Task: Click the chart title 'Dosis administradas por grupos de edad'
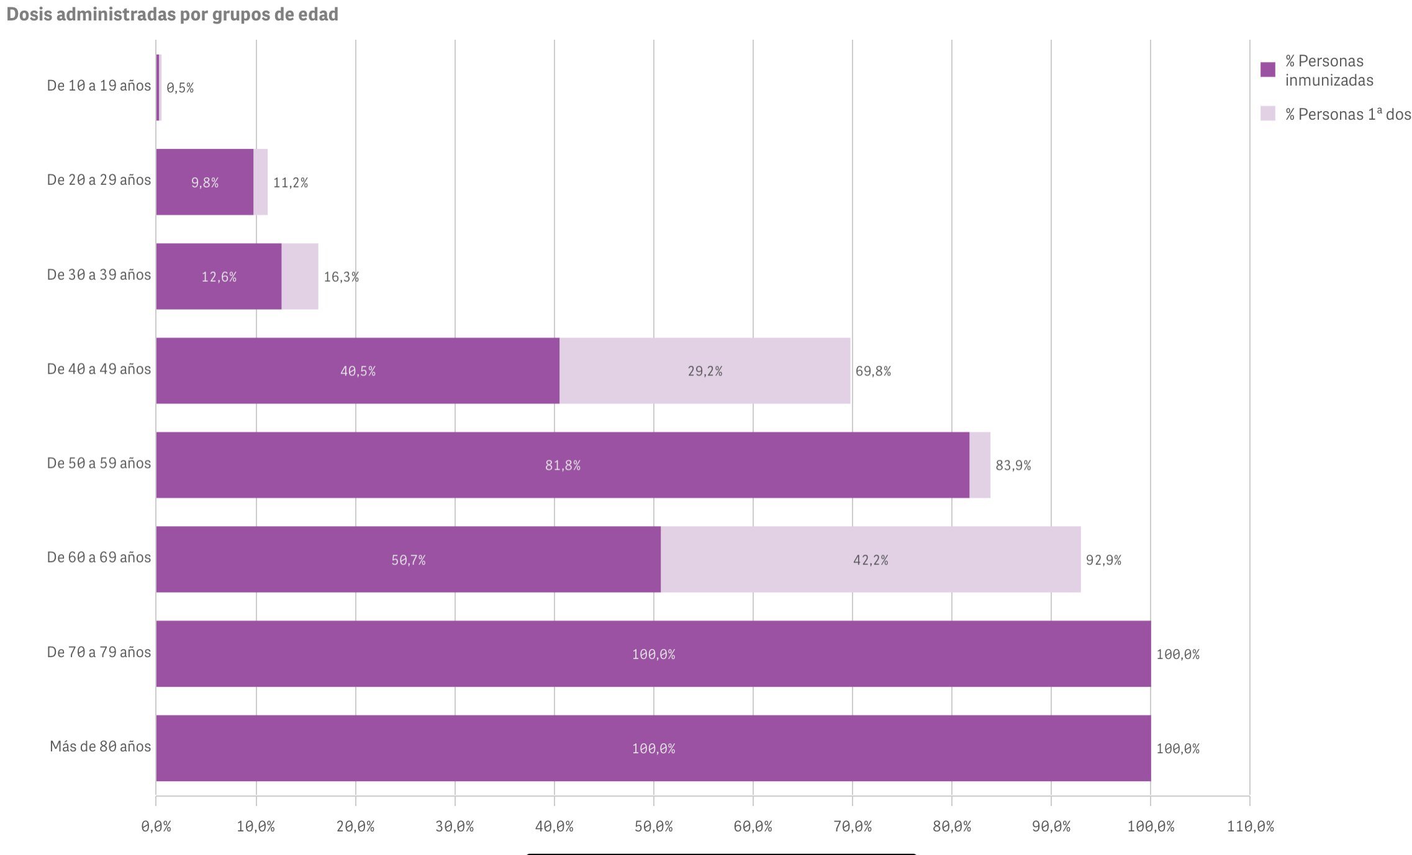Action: tap(172, 14)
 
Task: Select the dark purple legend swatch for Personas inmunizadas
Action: tap(1267, 69)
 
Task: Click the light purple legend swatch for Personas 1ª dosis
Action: tap(1267, 114)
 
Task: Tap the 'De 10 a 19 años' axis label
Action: tap(99, 86)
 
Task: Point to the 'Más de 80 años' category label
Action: tap(100, 746)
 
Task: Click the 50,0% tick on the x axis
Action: tap(653, 826)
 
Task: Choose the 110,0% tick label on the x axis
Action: tap(1250, 826)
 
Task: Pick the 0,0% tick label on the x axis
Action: tap(156, 826)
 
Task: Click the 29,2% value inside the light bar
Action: tap(705, 371)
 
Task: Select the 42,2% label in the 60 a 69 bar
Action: tap(871, 560)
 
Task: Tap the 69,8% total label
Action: tap(873, 371)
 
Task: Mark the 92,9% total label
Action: tap(1103, 560)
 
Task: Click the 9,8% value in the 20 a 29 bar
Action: tap(205, 182)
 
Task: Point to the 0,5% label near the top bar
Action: tap(180, 88)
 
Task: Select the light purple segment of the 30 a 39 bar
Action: tap(300, 276)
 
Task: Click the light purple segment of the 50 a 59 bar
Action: tap(980, 465)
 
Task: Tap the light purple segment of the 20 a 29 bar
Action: tap(261, 182)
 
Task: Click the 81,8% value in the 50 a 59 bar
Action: tap(563, 465)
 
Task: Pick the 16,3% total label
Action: tap(341, 277)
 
